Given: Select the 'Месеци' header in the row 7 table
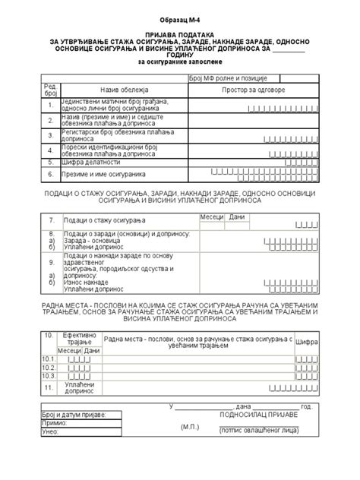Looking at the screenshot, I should pyautogui.click(x=212, y=217).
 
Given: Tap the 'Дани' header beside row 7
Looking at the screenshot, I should pyautogui.click(x=237, y=217).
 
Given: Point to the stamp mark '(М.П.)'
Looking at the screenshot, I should pyautogui.click(x=189, y=427).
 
